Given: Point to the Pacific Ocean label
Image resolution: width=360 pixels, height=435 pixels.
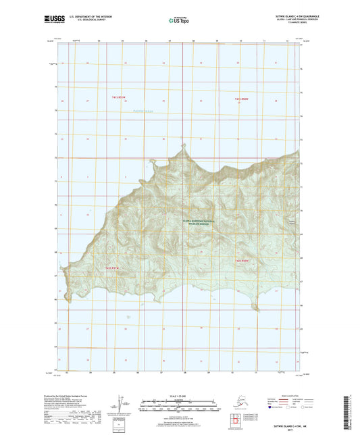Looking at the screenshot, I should tap(144, 110).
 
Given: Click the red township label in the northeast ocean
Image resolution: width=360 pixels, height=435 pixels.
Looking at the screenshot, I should tap(242, 100).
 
